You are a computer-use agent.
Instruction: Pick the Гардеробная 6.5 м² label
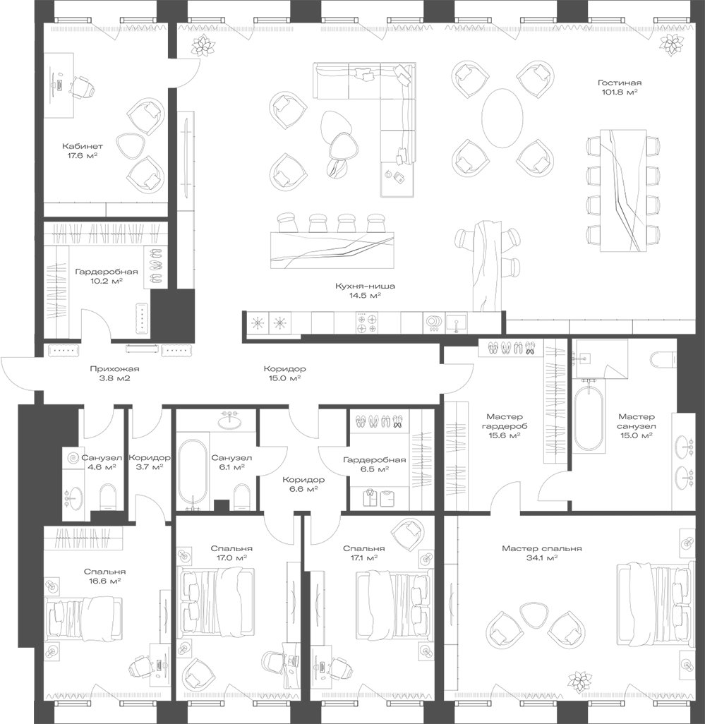click(x=374, y=464)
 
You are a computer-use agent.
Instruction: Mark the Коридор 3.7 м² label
click(x=149, y=462)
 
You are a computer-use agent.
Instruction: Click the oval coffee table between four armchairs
click(x=502, y=116)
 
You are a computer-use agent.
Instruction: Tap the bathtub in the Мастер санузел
click(x=589, y=418)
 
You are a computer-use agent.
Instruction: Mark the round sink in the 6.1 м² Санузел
click(x=229, y=422)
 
